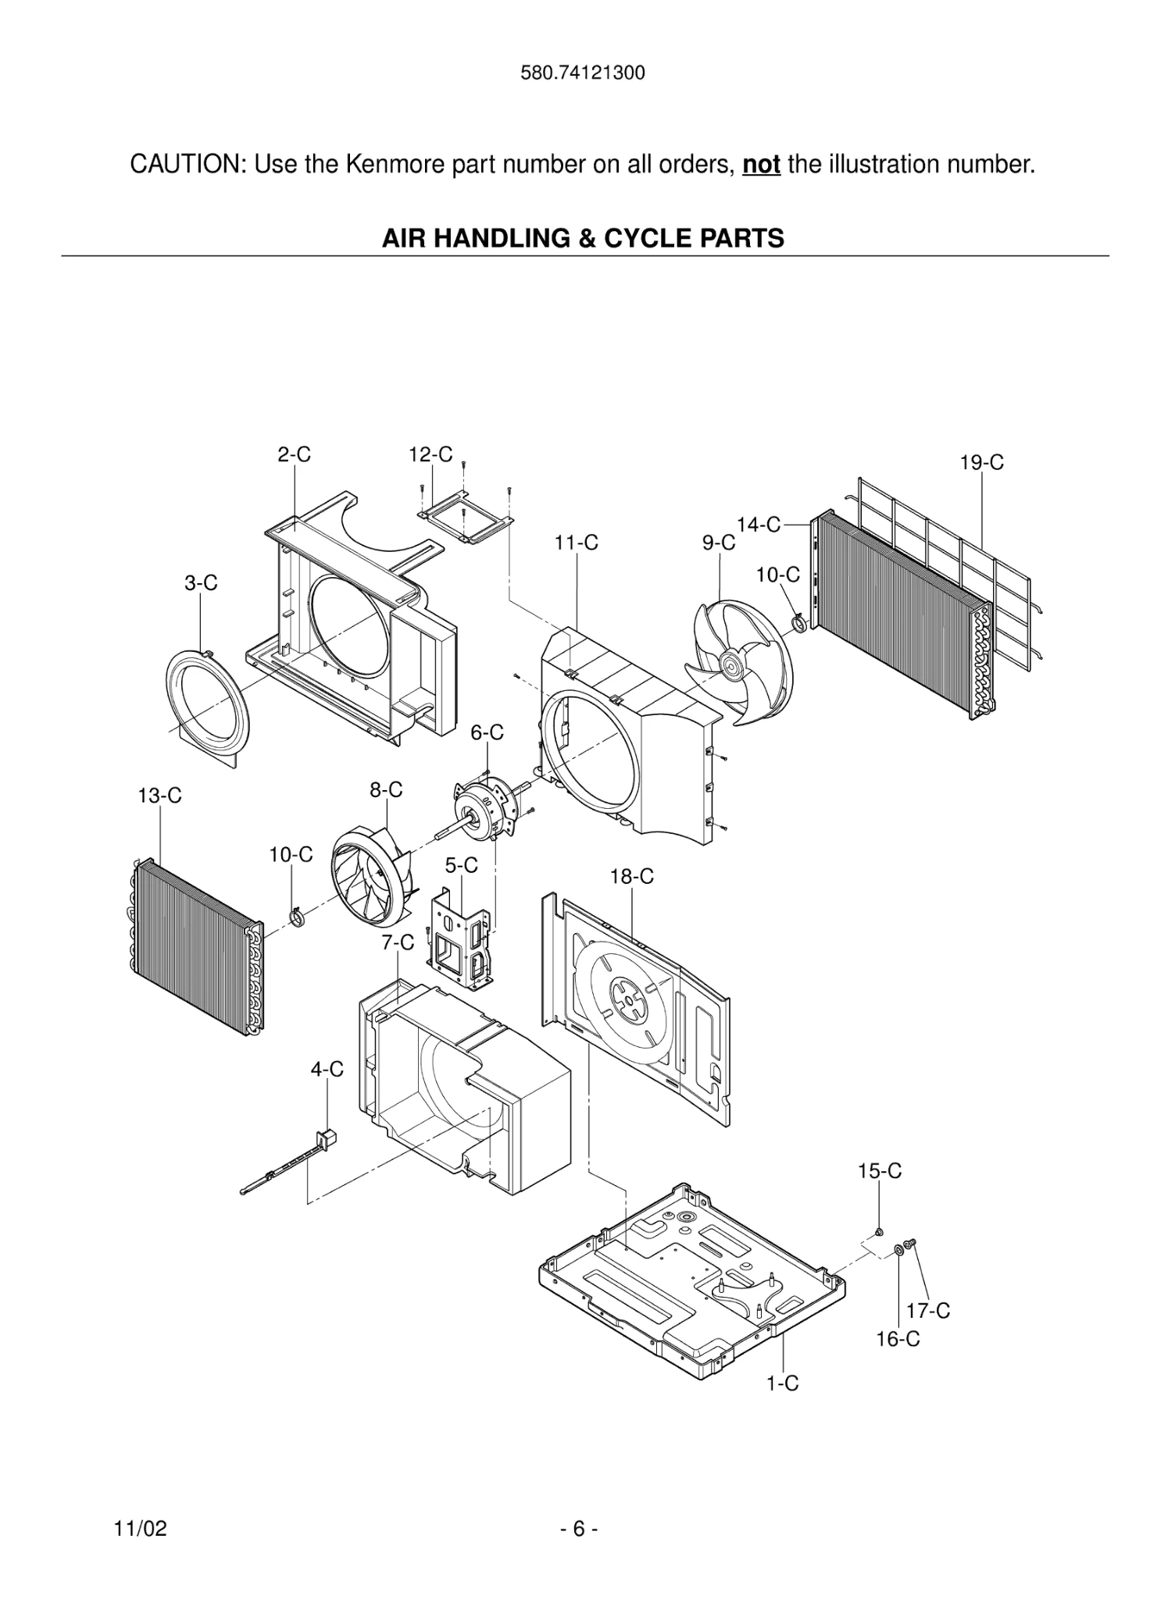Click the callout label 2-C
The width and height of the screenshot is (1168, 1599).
click(x=294, y=454)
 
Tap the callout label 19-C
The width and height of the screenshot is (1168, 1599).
click(x=981, y=463)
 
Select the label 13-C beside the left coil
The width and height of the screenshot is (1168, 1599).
click(x=159, y=796)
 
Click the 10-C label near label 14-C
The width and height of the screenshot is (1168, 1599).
click(x=777, y=575)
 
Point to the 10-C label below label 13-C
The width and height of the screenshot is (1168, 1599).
click(x=291, y=855)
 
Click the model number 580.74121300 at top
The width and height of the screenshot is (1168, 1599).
click(x=583, y=73)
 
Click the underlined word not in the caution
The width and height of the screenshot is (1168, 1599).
click(x=761, y=165)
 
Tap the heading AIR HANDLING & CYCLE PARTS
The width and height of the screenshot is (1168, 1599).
click(x=583, y=238)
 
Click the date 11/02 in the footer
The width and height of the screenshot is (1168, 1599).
click(x=141, y=1529)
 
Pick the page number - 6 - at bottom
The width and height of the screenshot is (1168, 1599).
click(x=579, y=1529)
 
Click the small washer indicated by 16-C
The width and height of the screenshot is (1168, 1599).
click(x=898, y=1250)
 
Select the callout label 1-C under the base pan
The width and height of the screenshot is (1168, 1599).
click(x=782, y=1384)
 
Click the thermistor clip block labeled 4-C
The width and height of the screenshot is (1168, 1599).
click(x=327, y=1138)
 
